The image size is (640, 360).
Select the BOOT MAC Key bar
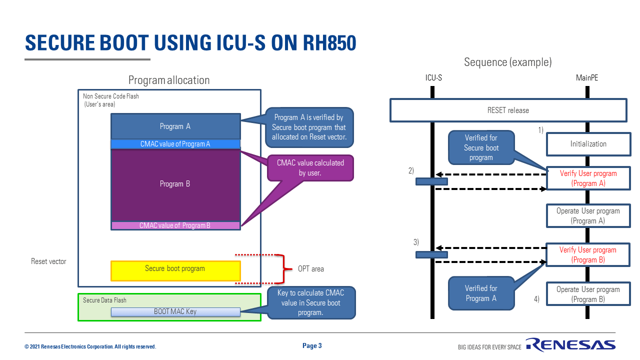pyautogui.click(x=175, y=311)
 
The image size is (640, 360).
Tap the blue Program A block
pyautogui.click(x=175, y=126)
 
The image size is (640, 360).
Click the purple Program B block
pyautogui.click(x=175, y=184)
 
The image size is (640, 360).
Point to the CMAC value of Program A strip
pyautogui.click(x=175, y=144)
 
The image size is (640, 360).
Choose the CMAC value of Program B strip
pyautogui.click(x=175, y=225)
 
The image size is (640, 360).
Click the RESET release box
pyautogui.click(x=508, y=110)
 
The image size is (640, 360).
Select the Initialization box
pyautogui.click(x=588, y=144)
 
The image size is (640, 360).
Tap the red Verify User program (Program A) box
pyautogui.click(x=588, y=178)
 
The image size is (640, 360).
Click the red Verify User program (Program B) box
pyautogui.click(x=588, y=255)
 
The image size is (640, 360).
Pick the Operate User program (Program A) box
pyautogui.click(x=588, y=216)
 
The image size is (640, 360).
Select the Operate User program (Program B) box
pyautogui.click(x=588, y=294)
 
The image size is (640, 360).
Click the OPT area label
pyautogui.click(x=311, y=269)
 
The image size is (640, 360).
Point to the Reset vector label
pyautogui.click(x=48, y=261)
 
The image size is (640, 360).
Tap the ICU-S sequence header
pyautogui.click(x=433, y=78)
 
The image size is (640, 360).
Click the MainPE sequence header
pyautogui.click(x=587, y=78)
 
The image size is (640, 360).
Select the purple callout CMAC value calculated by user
pyautogui.click(x=310, y=168)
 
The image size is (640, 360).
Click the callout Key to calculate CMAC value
pyautogui.click(x=310, y=302)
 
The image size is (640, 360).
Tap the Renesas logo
pyautogui.click(x=570, y=345)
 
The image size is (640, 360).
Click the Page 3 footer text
pyautogui.click(x=312, y=345)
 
